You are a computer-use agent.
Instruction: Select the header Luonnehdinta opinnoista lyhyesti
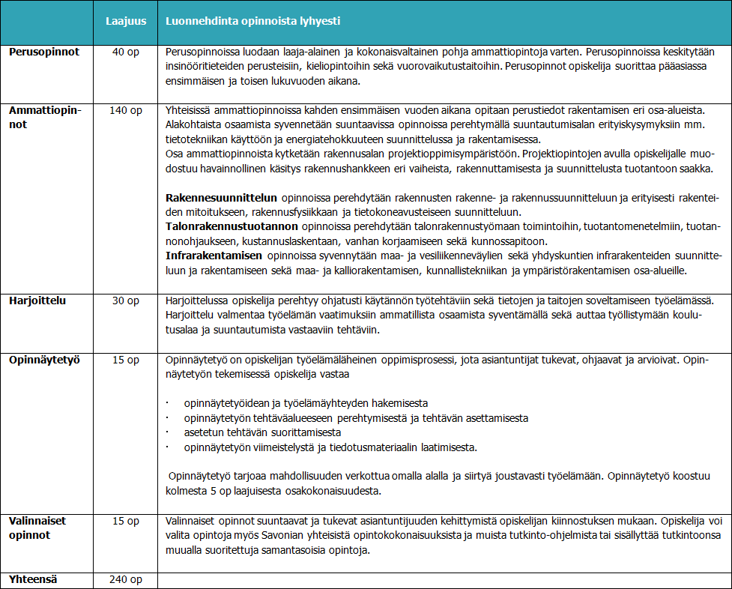pyautogui.click(x=252, y=22)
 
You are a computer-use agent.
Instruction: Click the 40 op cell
pyautogui.click(x=126, y=52)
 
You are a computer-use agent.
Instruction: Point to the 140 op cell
pyautogui.click(x=126, y=110)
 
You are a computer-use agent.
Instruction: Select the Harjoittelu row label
pyautogui.click(x=37, y=300)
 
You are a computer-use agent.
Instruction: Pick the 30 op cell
pyautogui.click(x=126, y=300)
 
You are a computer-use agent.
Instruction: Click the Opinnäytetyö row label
pyautogui.click(x=45, y=360)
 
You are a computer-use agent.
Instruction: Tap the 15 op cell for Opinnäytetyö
pyautogui.click(x=126, y=360)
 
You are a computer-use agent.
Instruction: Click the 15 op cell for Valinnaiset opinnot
pyautogui.click(x=126, y=521)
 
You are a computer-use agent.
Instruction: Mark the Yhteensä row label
pyautogui.click(x=33, y=579)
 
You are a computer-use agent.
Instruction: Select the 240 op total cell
pyautogui.click(x=126, y=579)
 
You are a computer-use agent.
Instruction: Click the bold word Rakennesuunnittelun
pyautogui.click(x=221, y=198)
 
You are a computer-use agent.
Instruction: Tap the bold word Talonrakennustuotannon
pyautogui.click(x=232, y=226)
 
